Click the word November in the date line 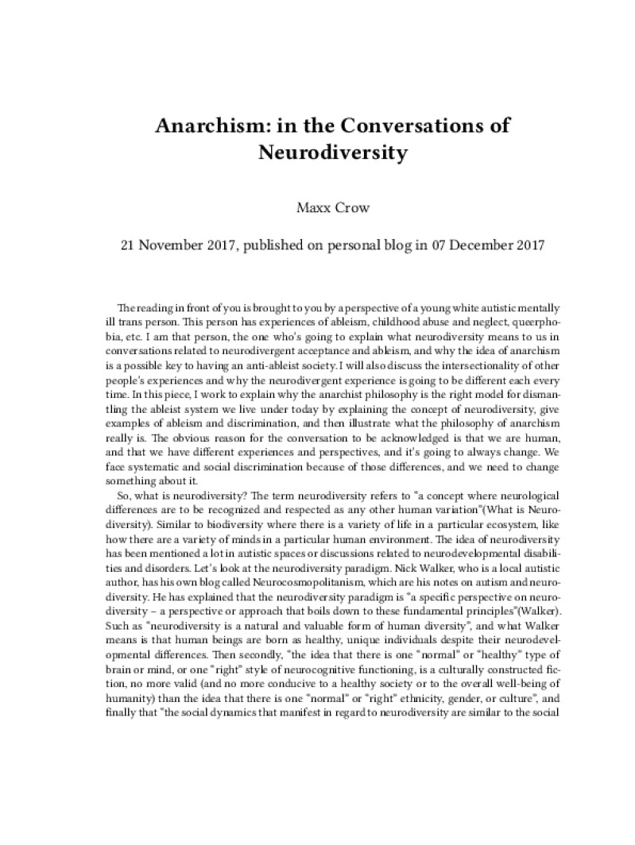tap(176, 245)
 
